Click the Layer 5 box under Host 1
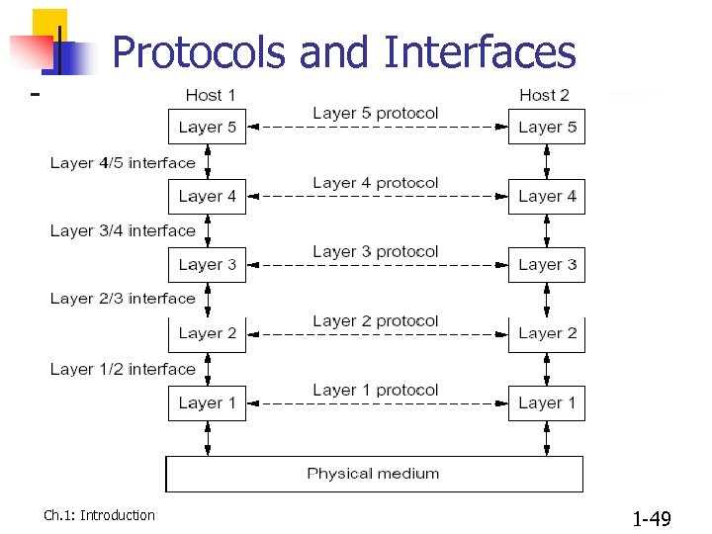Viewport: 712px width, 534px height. [x=207, y=127]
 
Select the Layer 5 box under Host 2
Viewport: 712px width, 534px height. [x=547, y=127]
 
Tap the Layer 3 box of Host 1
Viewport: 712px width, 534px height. [x=207, y=265]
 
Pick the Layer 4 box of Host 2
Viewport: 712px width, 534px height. [x=547, y=196]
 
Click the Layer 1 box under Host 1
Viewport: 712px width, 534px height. [x=207, y=403]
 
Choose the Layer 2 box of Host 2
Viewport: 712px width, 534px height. [x=547, y=334]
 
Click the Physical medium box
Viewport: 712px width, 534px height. [x=374, y=474]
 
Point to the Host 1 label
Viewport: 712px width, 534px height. [x=211, y=95]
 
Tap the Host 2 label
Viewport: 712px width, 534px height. [x=545, y=95]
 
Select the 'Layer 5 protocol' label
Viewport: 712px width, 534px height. [x=375, y=114]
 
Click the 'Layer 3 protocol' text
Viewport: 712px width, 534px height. [x=375, y=252]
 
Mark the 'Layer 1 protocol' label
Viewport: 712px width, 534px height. [x=375, y=391]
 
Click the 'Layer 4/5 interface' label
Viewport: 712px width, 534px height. [x=123, y=162]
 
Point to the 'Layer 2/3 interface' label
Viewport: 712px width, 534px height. [x=123, y=298]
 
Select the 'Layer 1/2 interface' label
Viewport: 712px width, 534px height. [x=123, y=369]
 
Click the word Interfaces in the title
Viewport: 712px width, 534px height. [x=480, y=51]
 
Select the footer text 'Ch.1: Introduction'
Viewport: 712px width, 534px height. [x=99, y=515]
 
